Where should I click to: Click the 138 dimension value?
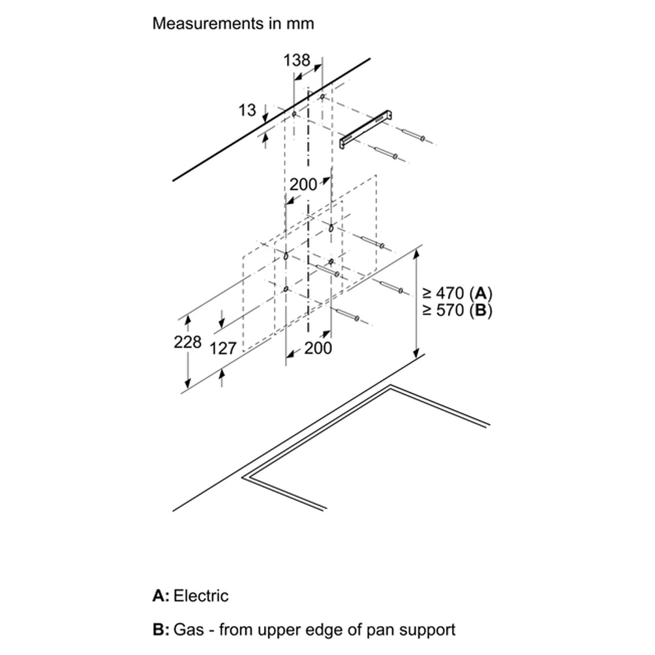pyautogui.click(x=297, y=60)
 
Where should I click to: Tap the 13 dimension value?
pyautogui.click(x=247, y=110)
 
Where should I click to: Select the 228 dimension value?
pyautogui.click(x=187, y=342)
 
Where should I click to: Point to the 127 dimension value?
pyautogui.click(x=223, y=348)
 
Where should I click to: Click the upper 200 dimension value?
pyautogui.click(x=303, y=184)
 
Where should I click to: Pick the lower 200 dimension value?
pyautogui.click(x=318, y=348)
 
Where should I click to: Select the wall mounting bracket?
pyautogui.click(x=367, y=129)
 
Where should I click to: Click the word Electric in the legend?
pyautogui.click(x=201, y=595)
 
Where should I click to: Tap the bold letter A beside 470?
pyautogui.click(x=480, y=293)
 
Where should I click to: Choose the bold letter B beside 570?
pyautogui.click(x=480, y=310)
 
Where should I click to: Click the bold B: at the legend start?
pyautogui.click(x=161, y=629)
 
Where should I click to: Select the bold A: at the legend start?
pyautogui.click(x=161, y=595)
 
